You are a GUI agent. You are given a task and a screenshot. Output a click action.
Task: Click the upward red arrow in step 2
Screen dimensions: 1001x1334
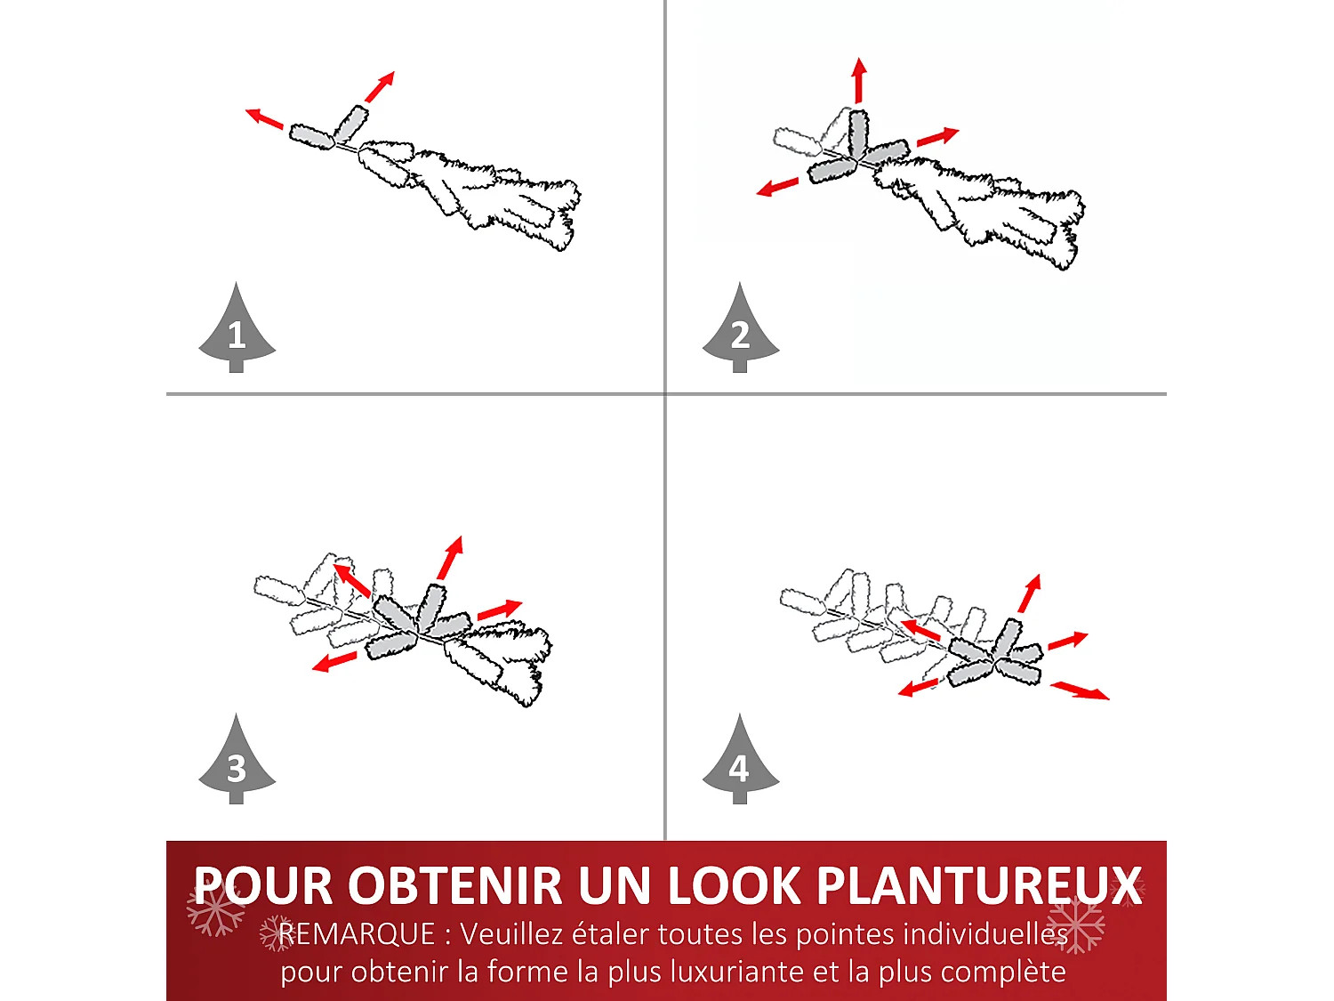[x=858, y=80]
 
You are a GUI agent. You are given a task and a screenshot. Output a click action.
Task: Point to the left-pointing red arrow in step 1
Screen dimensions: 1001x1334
[x=264, y=117]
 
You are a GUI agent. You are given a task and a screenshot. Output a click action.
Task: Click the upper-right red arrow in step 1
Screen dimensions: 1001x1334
[x=380, y=86]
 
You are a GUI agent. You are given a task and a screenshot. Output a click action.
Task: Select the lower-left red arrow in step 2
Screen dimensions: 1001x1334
[x=777, y=187]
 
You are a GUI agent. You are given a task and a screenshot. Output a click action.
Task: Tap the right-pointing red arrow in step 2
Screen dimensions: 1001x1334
[x=937, y=137]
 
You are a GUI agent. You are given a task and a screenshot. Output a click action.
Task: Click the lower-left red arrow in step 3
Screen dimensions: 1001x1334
[x=334, y=662]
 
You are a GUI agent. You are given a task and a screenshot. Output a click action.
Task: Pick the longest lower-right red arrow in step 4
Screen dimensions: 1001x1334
[x=1080, y=690]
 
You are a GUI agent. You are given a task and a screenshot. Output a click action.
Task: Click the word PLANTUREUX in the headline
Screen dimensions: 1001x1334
[x=979, y=886]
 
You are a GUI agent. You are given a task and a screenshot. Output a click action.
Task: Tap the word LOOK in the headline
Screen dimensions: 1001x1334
[x=734, y=886]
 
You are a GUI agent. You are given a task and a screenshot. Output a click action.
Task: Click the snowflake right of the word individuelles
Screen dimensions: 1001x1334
[x=1078, y=925]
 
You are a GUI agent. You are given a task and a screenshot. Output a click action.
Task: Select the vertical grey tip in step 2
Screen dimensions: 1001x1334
[x=857, y=133]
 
